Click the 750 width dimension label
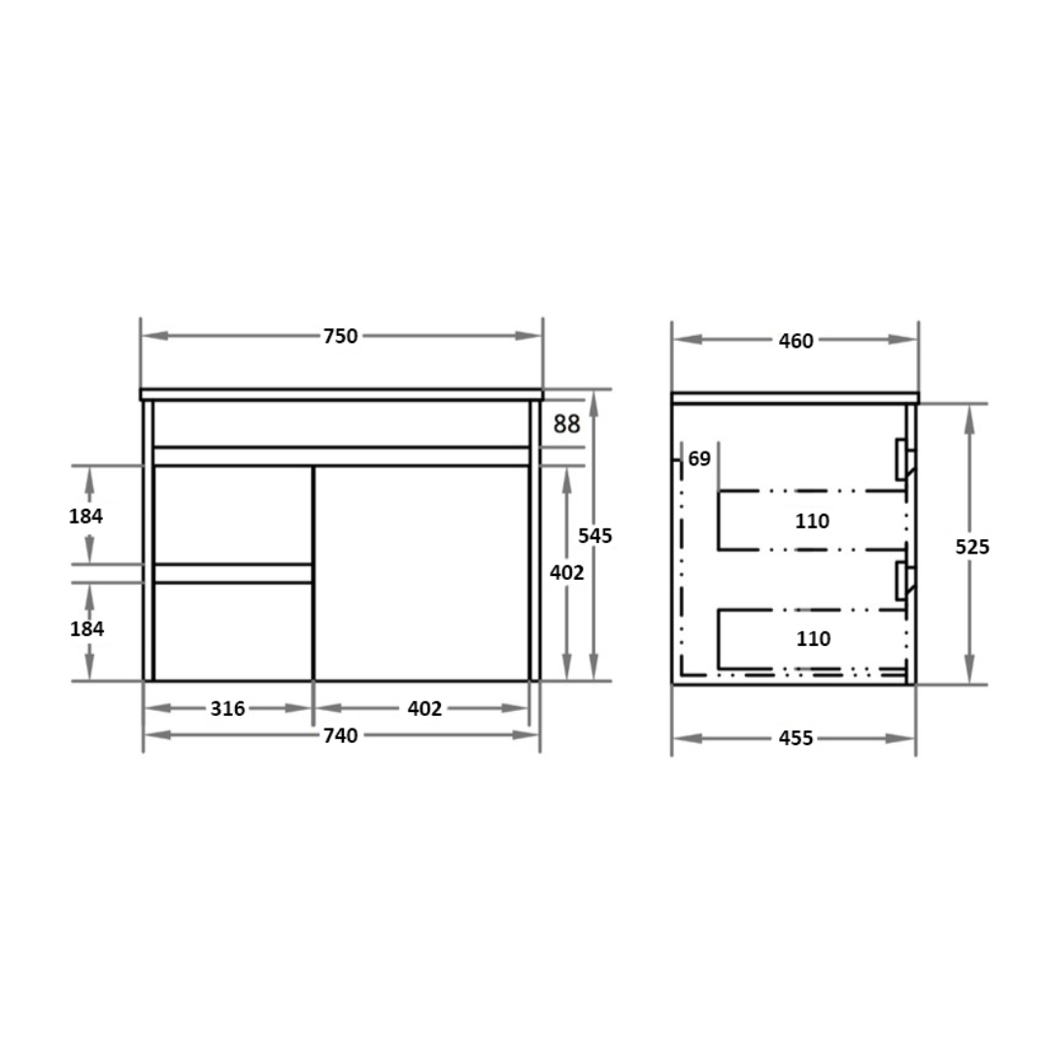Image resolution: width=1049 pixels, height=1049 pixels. [x=340, y=336]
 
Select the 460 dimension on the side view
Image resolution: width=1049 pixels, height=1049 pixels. [x=795, y=340]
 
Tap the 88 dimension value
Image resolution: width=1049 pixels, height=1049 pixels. [x=567, y=423]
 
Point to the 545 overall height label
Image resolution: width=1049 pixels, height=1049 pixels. [x=595, y=535]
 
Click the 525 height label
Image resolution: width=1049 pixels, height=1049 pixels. [x=971, y=547]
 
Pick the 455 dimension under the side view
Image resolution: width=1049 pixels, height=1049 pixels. [x=795, y=738]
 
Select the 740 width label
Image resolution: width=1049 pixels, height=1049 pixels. [x=340, y=735]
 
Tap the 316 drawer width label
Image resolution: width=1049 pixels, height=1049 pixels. [x=227, y=708]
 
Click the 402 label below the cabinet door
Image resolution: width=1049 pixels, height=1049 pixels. [x=424, y=708]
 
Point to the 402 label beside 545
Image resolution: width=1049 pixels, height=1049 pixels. [x=566, y=573]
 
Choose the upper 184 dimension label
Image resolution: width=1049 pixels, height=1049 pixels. [x=85, y=516]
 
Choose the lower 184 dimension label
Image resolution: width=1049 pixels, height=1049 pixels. [x=85, y=629]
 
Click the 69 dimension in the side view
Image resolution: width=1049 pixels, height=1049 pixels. [x=699, y=458]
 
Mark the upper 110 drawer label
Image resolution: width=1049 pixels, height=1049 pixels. [x=812, y=522]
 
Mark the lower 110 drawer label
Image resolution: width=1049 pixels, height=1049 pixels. [x=812, y=639]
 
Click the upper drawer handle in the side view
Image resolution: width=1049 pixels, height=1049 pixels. [x=903, y=458]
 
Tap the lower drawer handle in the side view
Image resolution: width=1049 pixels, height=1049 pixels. [x=903, y=580]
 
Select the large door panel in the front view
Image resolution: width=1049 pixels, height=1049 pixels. [x=422, y=573]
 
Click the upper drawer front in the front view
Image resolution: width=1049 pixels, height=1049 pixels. [x=233, y=514]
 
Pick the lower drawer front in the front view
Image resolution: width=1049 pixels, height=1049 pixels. [x=233, y=631]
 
